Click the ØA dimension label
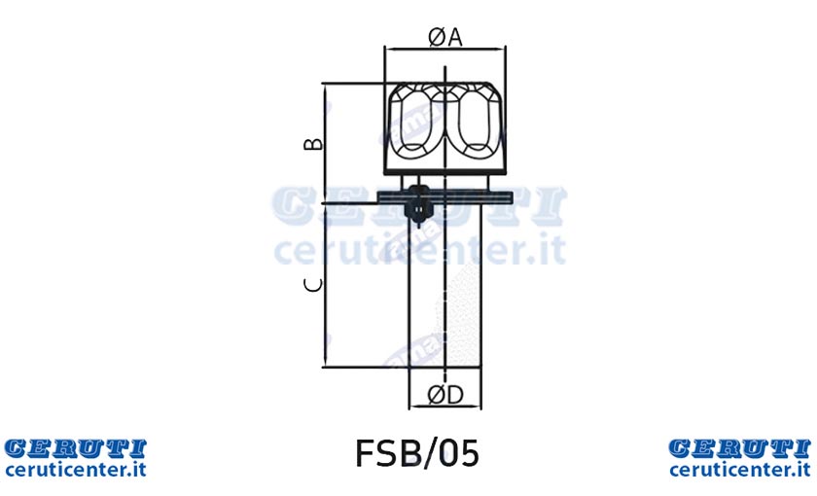(x=445, y=38)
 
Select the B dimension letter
(x=313, y=143)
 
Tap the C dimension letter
(x=313, y=285)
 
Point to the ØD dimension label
(x=445, y=396)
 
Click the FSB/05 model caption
(x=417, y=453)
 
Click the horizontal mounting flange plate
(x=445, y=197)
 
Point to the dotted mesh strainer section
(x=463, y=312)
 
